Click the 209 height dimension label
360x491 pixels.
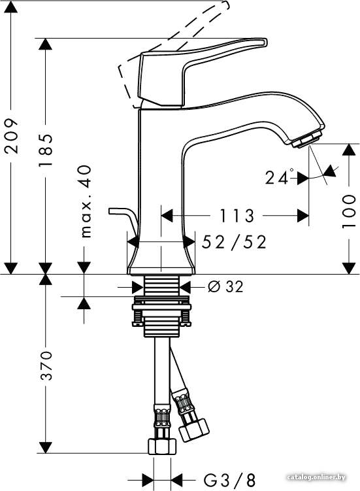point(12,135)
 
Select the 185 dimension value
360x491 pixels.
point(45,150)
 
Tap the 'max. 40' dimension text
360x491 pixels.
point(85,201)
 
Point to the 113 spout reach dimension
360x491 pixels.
point(237,216)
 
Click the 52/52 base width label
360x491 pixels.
point(234,242)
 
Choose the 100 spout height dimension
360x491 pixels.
point(349,211)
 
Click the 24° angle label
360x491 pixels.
point(279,177)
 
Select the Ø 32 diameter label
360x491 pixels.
point(225,286)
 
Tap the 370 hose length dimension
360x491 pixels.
point(46,365)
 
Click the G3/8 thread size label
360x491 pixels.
point(230,480)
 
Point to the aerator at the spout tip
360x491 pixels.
point(307,139)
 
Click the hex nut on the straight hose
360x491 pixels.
point(162,446)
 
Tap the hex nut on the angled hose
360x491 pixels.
point(194,430)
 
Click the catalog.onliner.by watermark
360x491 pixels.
point(316,477)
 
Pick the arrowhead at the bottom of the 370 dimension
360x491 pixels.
point(46,447)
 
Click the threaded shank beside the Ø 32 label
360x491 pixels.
point(162,286)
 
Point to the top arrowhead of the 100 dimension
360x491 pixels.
point(349,150)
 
